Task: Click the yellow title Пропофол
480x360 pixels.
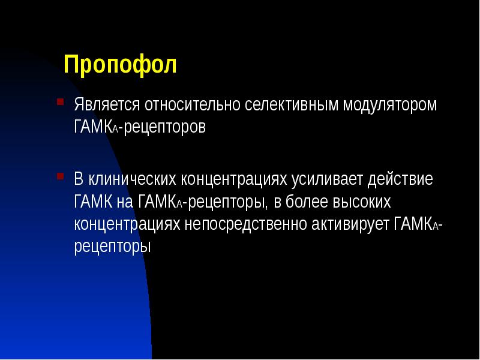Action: point(120,65)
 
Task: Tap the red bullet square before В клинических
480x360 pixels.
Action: point(60,176)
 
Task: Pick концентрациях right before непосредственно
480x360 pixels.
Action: point(128,224)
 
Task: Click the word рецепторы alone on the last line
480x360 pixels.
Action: point(111,247)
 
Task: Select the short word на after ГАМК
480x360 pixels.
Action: point(126,202)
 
